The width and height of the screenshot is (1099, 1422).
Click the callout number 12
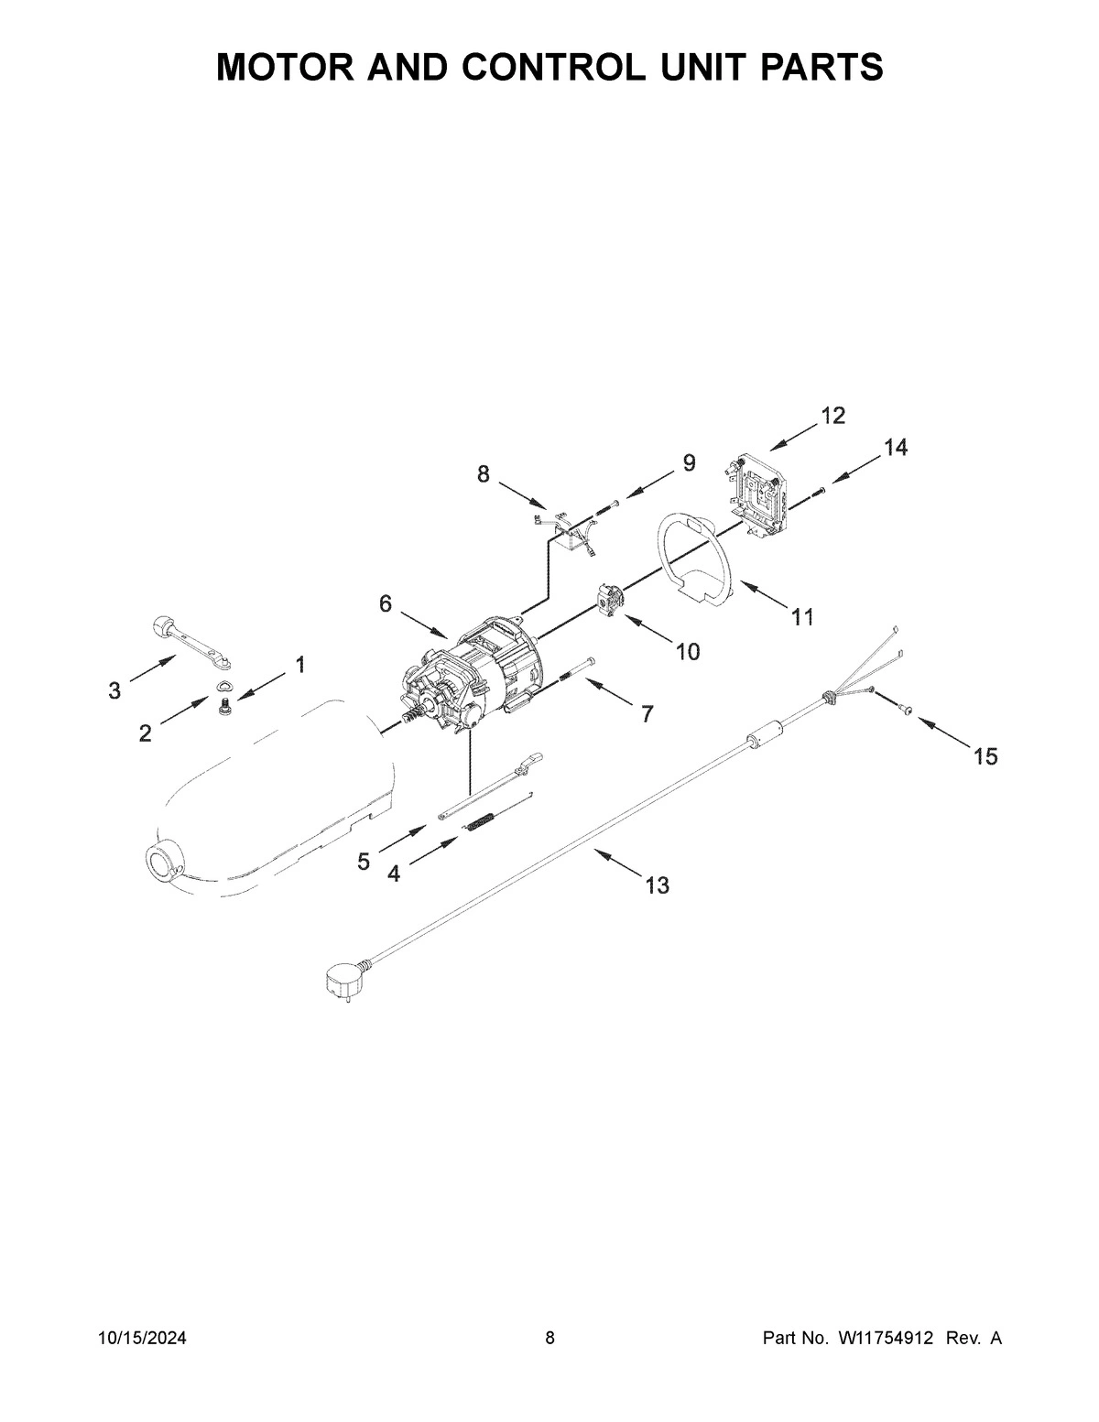click(x=832, y=416)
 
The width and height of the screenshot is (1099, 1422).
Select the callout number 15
click(x=985, y=756)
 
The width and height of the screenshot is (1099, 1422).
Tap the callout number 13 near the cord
click(x=657, y=885)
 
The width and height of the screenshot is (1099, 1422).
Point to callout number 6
click(x=386, y=603)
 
